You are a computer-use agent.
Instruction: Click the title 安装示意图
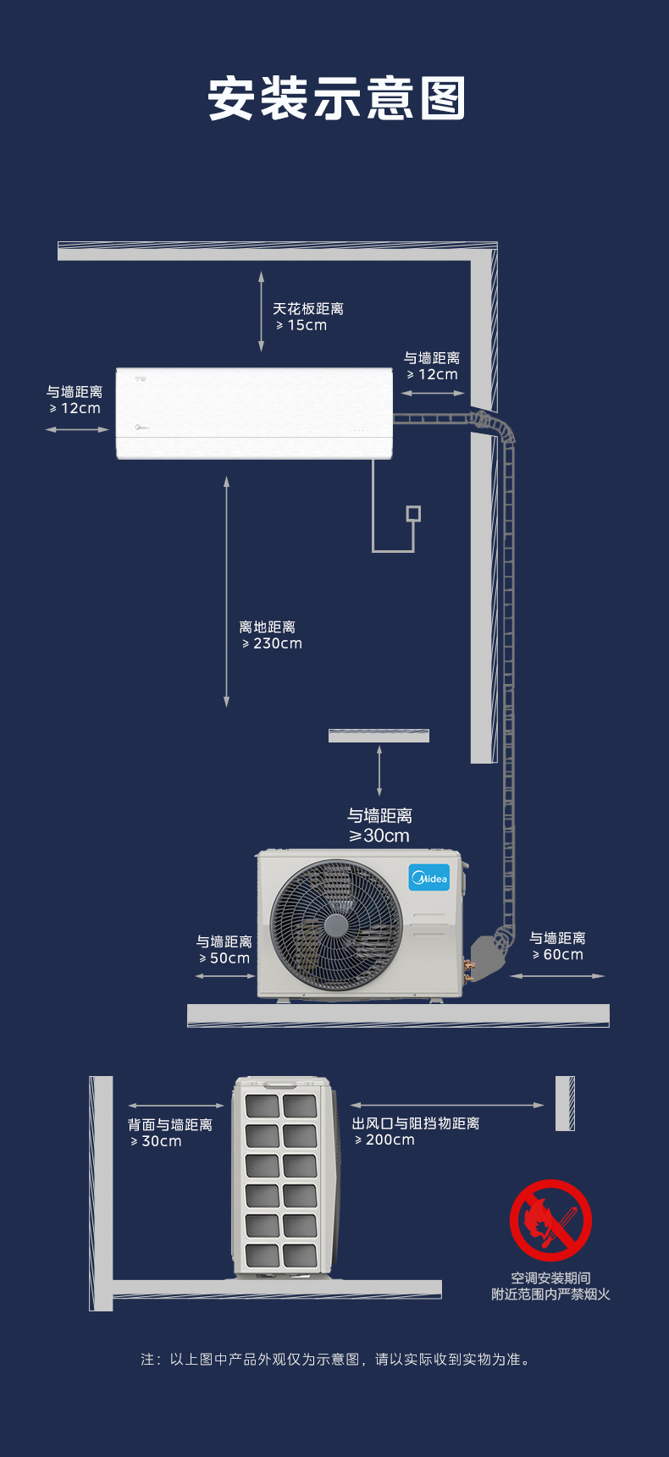[336, 99]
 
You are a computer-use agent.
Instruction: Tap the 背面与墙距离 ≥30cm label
[169, 1133]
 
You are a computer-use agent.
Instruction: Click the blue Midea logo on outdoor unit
[429, 878]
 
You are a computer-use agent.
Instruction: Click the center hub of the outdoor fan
[335, 924]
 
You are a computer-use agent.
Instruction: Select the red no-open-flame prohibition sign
[550, 1220]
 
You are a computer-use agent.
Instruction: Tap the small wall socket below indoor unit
[413, 514]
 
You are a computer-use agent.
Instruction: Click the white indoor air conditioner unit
[254, 413]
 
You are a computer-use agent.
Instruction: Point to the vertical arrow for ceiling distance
[262, 312]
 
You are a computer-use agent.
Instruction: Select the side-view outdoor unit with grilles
[281, 1177]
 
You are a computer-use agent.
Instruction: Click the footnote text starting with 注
[335, 1360]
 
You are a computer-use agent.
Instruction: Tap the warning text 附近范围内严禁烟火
[550, 1294]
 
